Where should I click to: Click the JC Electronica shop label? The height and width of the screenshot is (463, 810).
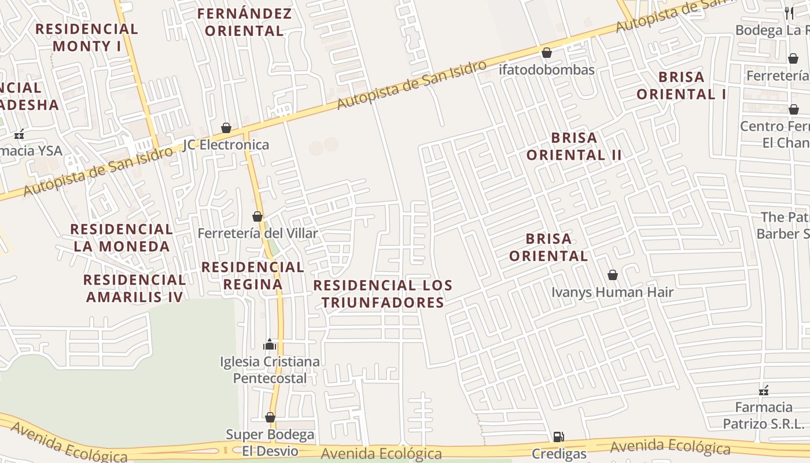(226, 145)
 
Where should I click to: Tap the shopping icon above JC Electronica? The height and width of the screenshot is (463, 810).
(226, 128)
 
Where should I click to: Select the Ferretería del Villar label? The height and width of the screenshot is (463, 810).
(258, 233)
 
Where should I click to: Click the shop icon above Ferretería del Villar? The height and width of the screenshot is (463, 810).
(257, 216)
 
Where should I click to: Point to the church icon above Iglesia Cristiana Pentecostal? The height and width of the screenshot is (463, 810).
(270, 345)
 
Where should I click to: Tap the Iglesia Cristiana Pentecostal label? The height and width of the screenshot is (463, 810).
(270, 370)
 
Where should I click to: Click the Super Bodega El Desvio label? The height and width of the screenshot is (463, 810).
(270, 443)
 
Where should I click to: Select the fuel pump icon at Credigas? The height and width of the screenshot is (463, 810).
(558, 437)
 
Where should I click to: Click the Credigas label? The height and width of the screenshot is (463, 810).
(559, 454)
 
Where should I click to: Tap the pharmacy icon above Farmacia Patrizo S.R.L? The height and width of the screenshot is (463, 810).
(764, 391)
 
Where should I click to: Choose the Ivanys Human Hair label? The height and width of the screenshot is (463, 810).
(612, 292)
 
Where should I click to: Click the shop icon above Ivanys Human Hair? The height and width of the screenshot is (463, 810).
(613, 275)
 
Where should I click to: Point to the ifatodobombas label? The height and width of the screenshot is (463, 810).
(547, 70)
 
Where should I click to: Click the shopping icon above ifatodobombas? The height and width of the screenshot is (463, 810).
(547, 53)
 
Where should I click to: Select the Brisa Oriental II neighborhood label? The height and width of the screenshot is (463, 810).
(574, 146)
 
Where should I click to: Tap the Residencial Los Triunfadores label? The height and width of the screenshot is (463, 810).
(383, 294)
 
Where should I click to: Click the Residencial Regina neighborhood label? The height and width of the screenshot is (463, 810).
(253, 275)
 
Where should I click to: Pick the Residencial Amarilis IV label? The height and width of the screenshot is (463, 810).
(134, 288)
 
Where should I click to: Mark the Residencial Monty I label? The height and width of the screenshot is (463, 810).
(87, 38)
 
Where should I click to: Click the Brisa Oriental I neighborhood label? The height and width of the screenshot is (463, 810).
(682, 86)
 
